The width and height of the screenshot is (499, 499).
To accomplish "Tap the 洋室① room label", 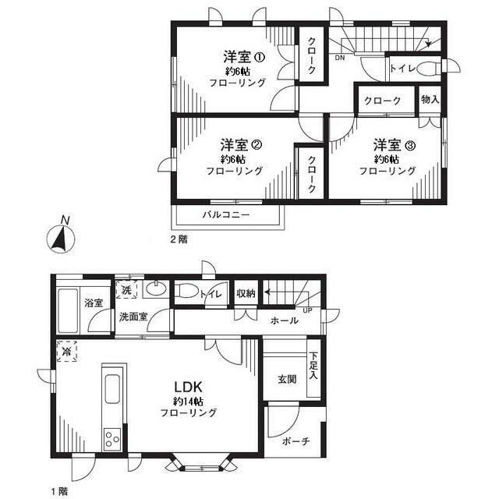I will pos(244,57).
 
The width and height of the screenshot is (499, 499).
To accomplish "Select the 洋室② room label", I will pos(239,145).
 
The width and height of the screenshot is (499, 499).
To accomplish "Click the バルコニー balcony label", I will pos(226,214).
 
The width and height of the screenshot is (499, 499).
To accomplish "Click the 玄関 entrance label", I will pos(286,380).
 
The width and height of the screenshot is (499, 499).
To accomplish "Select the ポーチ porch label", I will pos(296,441).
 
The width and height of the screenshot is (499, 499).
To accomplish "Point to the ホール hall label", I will pos(284,320).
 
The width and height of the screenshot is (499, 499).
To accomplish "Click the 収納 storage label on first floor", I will pos(246,294).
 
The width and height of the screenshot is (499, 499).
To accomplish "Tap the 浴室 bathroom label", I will pos(94,303).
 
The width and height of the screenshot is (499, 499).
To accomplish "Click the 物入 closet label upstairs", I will pos(430,100).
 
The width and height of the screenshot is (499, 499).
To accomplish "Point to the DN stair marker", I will pos(341,58).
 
